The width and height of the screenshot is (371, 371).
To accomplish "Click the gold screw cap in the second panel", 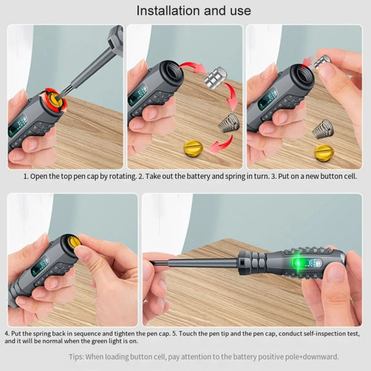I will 193,148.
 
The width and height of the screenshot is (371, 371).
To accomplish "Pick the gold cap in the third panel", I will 324,152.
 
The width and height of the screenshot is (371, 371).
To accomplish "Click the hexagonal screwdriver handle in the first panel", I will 114,37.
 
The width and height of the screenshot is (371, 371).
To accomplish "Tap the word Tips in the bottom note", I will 77,356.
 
